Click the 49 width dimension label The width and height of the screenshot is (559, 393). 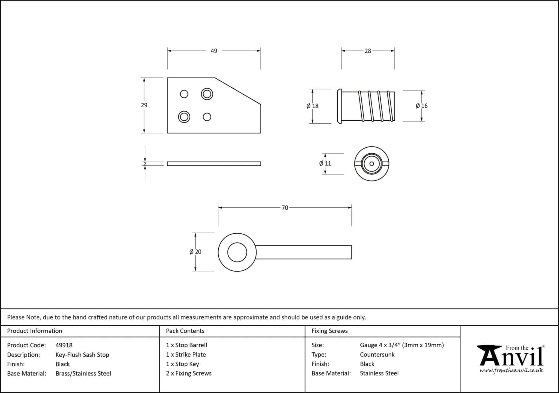pyautogui.click(x=214, y=51)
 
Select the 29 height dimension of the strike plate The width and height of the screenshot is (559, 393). pyautogui.click(x=144, y=105)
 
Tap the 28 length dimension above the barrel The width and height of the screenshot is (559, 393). pyautogui.click(x=368, y=51)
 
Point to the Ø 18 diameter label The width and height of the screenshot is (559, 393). pyautogui.click(x=313, y=106)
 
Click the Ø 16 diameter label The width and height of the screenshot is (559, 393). pyautogui.click(x=421, y=106)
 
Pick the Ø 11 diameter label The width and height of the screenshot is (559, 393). pyautogui.click(x=325, y=163)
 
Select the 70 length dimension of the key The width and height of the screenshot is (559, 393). pyautogui.click(x=285, y=208)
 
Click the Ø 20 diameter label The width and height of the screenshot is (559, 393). pyautogui.click(x=195, y=252)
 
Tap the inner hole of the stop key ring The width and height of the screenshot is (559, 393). pyautogui.click(x=237, y=252)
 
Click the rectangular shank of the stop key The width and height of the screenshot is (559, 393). pyautogui.click(x=304, y=252)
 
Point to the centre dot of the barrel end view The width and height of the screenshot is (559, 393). pyautogui.click(x=371, y=164)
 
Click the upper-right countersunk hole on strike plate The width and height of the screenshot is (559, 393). pyautogui.click(x=207, y=94)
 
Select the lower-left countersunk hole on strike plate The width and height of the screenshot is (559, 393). pyautogui.click(x=184, y=117)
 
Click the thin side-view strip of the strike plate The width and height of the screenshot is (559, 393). pyautogui.click(x=214, y=164)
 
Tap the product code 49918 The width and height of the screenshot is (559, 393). pyautogui.click(x=64, y=345)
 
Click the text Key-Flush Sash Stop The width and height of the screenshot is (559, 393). pyautogui.click(x=82, y=355)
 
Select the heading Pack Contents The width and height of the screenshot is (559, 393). pyautogui.click(x=185, y=331)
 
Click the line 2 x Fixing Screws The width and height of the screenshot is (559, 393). pyautogui.click(x=189, y=373)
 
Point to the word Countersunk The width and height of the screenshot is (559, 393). pyautogui.click(x=377, y=355)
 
